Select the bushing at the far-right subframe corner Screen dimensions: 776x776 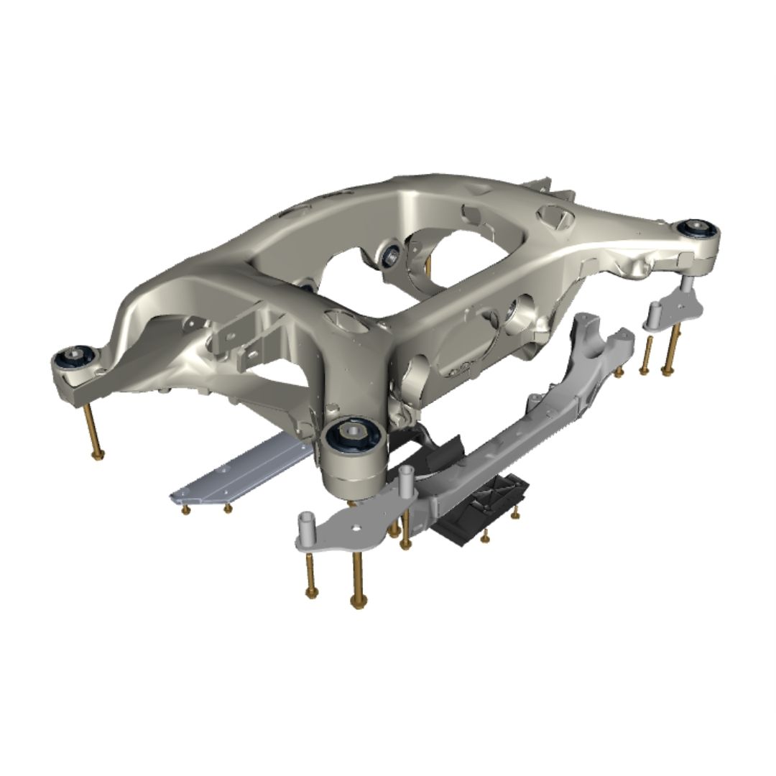[696, 229]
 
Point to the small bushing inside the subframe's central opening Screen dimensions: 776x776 [392, 253]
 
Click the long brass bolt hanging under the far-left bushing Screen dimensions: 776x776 [93, 431]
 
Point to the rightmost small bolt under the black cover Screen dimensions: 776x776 [514, 512]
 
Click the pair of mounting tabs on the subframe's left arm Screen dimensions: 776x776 [237, 338]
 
